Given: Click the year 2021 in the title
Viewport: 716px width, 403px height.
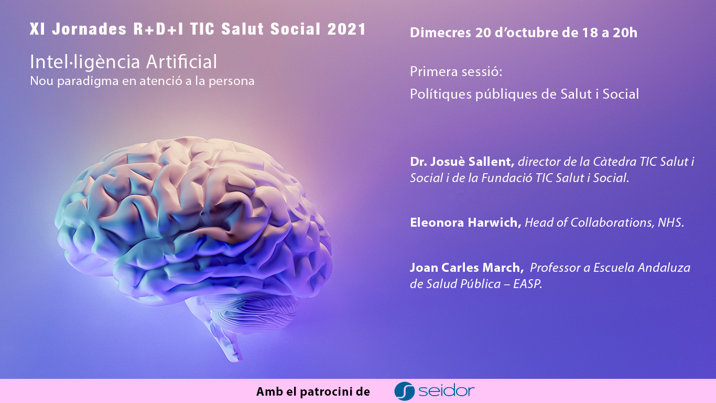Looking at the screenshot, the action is click(347, 29).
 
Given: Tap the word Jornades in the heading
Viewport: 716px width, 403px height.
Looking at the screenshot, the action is click(90, 29).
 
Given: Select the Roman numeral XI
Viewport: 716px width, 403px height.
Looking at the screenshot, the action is click(37, 29).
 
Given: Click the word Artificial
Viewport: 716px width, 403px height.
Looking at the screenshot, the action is click(181, 62).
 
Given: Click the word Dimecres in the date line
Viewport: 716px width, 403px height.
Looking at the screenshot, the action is click(440, 33).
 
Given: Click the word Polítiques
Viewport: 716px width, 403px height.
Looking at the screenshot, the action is click(441, 94).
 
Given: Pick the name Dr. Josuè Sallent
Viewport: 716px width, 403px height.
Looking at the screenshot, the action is click(462, 162).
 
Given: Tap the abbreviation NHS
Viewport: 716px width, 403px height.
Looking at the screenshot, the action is click(670, 222).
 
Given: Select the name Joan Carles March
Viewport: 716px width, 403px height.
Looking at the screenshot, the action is click(467, 268).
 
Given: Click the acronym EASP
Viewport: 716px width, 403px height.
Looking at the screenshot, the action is click(527, 284).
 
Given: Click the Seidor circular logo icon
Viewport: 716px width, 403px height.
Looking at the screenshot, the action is click(404, 391).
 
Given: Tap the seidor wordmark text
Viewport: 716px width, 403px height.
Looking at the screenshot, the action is click(447, 391).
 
